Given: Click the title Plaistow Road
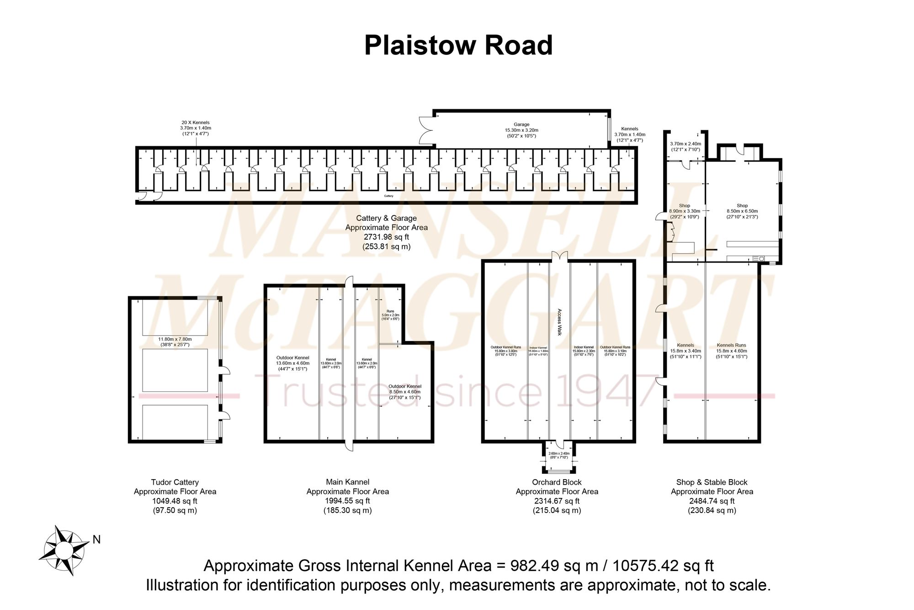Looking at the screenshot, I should pyautogui.click(x=458, y=46).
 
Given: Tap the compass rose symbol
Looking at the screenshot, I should pyautogui.click(x=64, y=550).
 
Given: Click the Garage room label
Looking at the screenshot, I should pyautogui.click(x=521, y=124).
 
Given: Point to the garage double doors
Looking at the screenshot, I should pyautogui.click(x=425, y=131).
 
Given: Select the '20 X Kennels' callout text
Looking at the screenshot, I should pyautogui.click(x=195, y=123).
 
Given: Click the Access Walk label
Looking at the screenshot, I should pyautogui.click(x=559, y=322).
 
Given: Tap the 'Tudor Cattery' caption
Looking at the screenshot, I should pyautogui.click(x=175, y=482).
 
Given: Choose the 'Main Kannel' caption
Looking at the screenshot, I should pyautogui.click(x=348, y=482).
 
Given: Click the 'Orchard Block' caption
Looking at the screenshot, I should pyautogui.click(x=557, y=482).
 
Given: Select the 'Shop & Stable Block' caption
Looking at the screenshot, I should pyautogui.click(x=712, y=482).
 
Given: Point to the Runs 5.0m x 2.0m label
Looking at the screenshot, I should pyautogui.click(x=390, y=315).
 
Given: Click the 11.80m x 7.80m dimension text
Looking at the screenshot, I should pyautogui.click(x=175, y=342).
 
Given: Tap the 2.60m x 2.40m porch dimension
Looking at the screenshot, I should pyautogui.click(x=559, y=455).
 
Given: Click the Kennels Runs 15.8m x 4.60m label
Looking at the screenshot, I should pyautogui.click(x=731, y=351).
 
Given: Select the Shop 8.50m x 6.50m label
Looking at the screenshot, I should pyautogui.click(x=742, y=211).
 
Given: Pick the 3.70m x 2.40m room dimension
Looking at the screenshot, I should pyautogui.click(x=686, y=146).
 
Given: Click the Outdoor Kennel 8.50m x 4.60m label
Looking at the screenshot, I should pyautogui.click(x=405, y=392).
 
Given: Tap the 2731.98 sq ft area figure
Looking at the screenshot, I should pyautogui.click(x=386, y=237).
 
